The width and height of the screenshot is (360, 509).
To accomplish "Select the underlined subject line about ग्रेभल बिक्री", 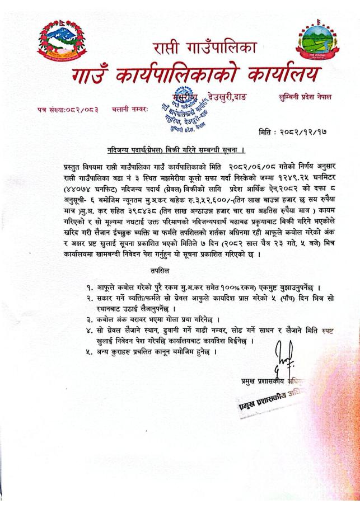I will [x=177, y=150].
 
